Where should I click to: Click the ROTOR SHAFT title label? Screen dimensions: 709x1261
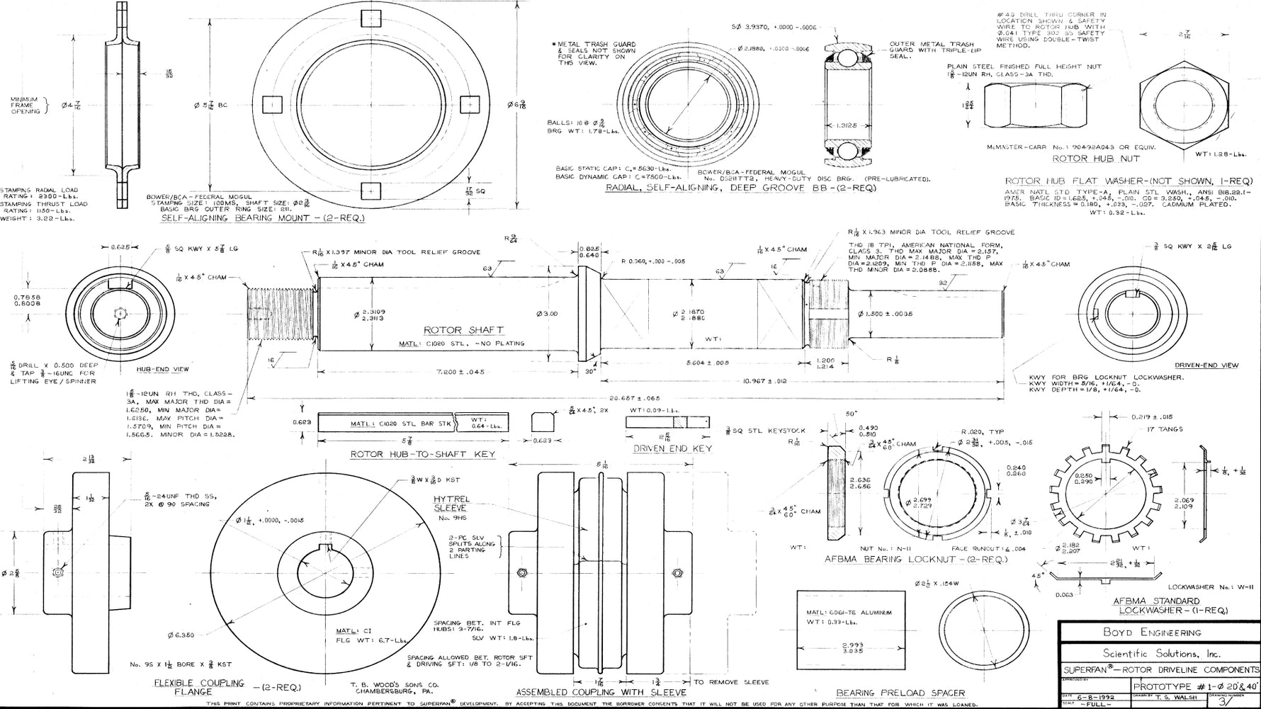coord(463,330)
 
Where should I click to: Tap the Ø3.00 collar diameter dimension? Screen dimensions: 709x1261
coord(546,314)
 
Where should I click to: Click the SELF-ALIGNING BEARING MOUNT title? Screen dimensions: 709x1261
coord(263,218)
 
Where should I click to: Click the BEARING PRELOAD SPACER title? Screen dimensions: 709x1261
coord(900,693)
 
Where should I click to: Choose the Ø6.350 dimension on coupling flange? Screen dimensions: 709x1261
coord(181,635)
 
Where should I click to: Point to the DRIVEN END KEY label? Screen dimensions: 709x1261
coord(672,448)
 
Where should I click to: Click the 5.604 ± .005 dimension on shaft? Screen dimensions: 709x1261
coord(708,363)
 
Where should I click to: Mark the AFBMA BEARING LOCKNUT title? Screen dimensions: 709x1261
coord(915,559)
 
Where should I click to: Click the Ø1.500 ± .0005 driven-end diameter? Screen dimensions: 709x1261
coord(885,314)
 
